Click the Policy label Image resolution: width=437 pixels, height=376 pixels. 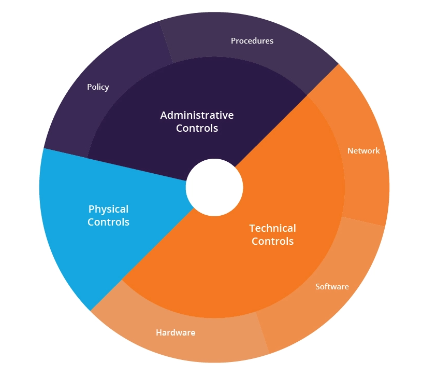pyautogui.click(x=98, y=87)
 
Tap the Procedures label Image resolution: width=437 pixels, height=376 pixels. pyautogui.click(x=252, y=40)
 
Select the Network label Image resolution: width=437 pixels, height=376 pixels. pyautogui.click(x=363, y=151)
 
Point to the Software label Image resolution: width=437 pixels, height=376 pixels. pyautogui.click(x=332, y=286)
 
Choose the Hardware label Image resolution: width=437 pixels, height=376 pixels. pyautogui.click(x=176, y=332)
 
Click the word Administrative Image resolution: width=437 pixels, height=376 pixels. pyautogui.click(x=197, y=115)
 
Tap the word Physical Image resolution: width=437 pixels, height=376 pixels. pyautogui.click(x=108, y=209)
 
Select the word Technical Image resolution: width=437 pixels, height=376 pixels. pyautogui.click(x=272, y=228)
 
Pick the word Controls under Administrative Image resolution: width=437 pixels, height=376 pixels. pyautogui.click(x=197, y=128)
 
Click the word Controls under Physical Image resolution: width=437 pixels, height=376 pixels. pyautogui.click(x=108, y=222)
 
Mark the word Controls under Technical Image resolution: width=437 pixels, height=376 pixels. pyautogui.click(x=272, y=241)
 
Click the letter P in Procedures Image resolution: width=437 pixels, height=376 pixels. pyautogui.click(x=234, y=40)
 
